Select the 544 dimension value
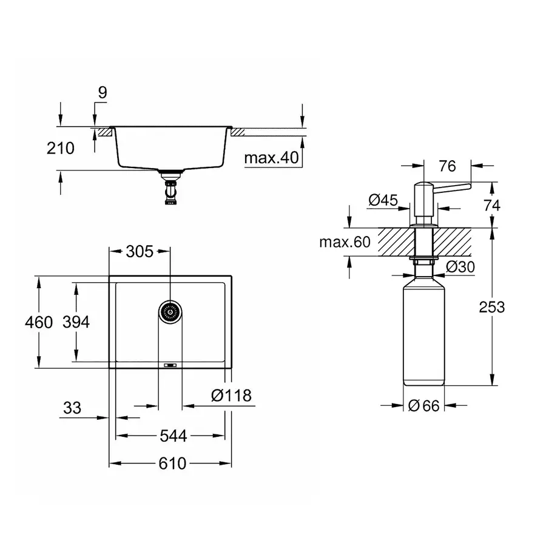click(174, 436)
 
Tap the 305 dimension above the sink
click(140, 251)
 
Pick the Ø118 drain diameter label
click(231, 396)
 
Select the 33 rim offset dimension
click(72, 408)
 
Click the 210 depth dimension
click(61, 147)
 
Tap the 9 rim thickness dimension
click(102, 93)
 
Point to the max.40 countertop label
click(272, 158)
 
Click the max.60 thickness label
click(345, 243)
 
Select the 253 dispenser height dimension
click(491, 307)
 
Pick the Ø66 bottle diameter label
click(423, 406)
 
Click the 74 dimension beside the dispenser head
click(491, 205)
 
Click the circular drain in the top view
click(170, 312)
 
